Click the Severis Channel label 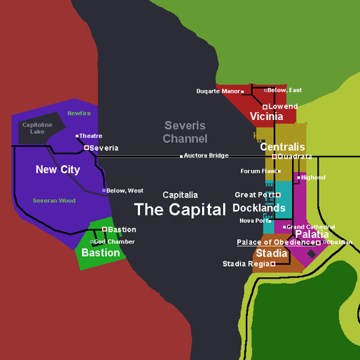coord(185,132)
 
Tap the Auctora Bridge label coord(206,155)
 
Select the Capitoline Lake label coord(37,128)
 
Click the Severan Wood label coord(54,201)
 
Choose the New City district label coord(58,170)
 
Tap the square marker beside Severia coord(86,148)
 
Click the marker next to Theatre coord(77,136)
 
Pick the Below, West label coord(124,191)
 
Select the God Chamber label coord(115,241)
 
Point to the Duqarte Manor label coord(218,91)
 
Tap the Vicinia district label coord(266,116)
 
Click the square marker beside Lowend coord(265,106)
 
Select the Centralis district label coord(282,147)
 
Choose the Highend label coord(313,177)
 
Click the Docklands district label coord(259,208)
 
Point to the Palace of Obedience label coord(276,242)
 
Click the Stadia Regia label coord(246,264)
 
